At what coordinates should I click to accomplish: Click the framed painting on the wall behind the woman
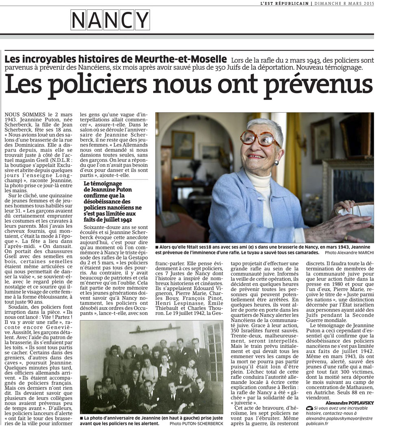point(182,144)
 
